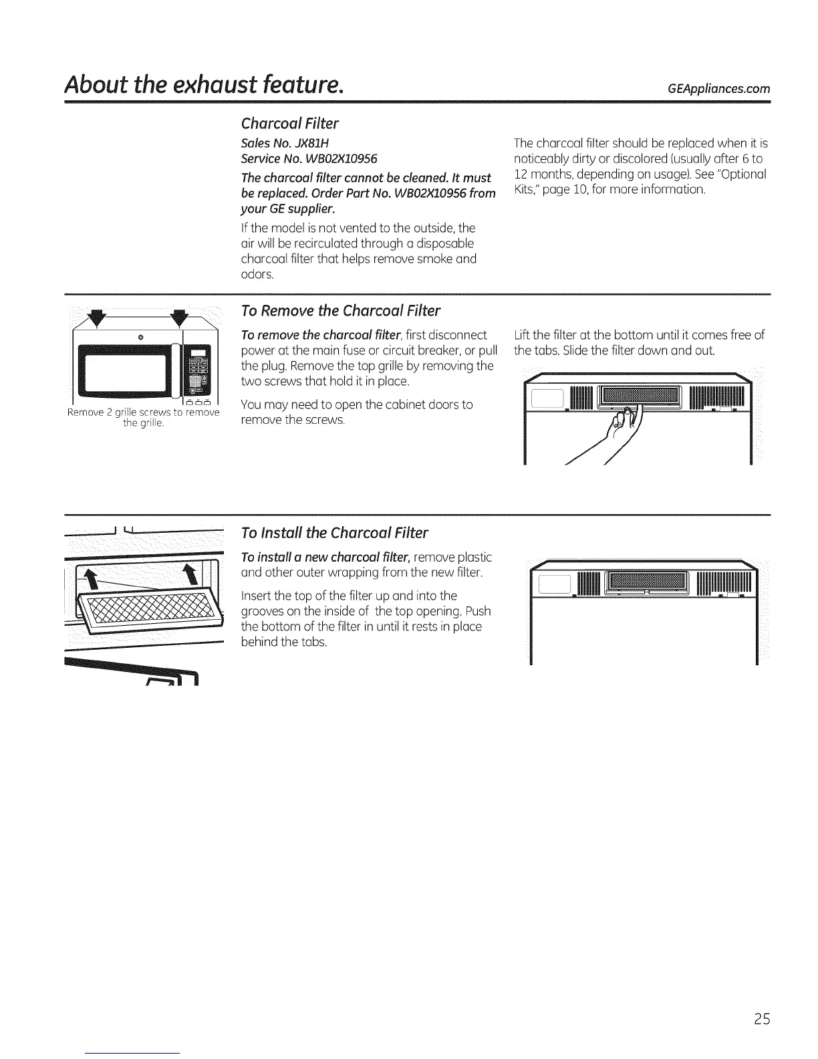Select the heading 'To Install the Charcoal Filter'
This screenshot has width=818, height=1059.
[334, 533]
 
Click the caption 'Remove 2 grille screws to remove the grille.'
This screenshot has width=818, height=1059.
[144, 417]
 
